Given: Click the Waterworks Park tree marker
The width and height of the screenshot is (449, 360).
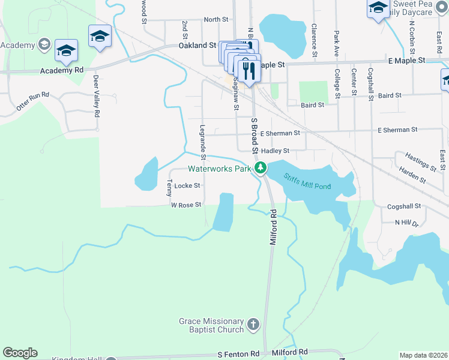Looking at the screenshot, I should pyautogui.click(x=260, y=167).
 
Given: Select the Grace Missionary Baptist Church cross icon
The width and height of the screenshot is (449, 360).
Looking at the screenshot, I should pyautogui.click(x=253, y=325).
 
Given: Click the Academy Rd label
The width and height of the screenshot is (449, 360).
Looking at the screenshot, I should pyautogui.click(x=62, y=70).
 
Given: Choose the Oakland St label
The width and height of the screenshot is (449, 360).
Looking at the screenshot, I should pyautogui.click(x=197, y=46).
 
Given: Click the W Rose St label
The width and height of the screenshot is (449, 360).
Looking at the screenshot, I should pyautogui.click(x=185, y=205).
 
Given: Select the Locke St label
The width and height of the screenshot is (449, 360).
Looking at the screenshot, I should pyautogui.click(x=187, y=186).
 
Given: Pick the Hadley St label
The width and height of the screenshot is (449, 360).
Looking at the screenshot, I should pyautogui.click(x=276, y=151).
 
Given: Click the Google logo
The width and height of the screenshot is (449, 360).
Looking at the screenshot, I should pyautogui.click(x=20, y=353).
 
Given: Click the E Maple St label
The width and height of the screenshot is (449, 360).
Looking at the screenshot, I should pyautogui.click(x=406, y=61).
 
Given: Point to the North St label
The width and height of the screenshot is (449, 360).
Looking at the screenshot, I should pyautogui.click(x=215, y=19).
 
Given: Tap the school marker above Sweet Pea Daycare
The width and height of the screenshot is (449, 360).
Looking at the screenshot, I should pyautogui.click(x=378, y=8).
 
